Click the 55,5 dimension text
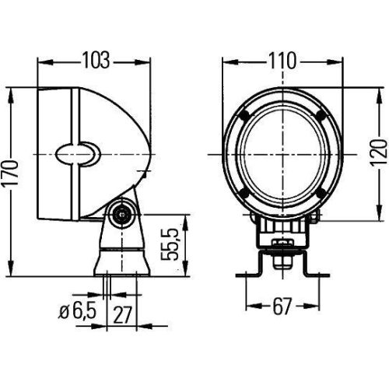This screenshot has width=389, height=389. point(175,244)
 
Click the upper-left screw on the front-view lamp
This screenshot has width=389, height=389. point(244,115)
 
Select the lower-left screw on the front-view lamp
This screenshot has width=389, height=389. point(244,193)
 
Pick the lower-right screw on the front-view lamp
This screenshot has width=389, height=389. point(317,193)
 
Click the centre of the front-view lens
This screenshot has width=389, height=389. point(280,154)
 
